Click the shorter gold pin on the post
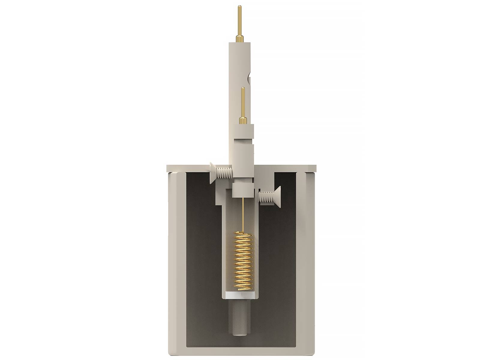[242, 102]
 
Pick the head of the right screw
[277, 196]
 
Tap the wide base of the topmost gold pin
[239, 38]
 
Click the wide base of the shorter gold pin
[242, 120]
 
